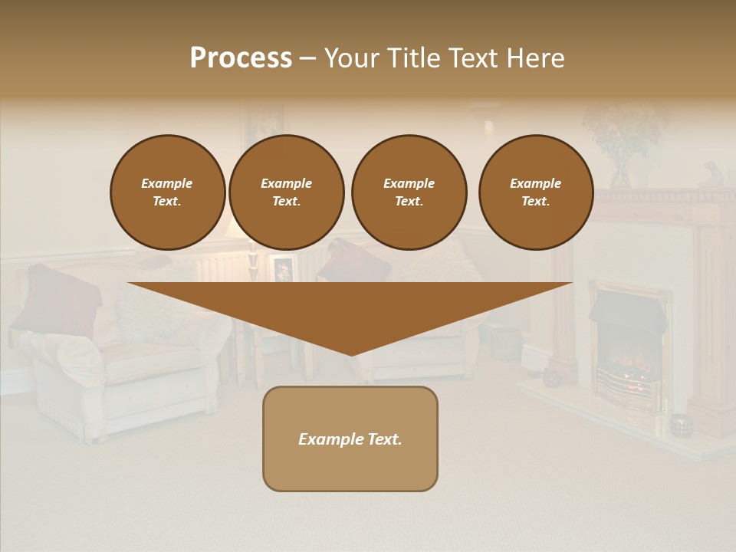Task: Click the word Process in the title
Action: [241, 58]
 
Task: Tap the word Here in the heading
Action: [534, 58]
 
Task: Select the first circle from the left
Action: [167, 192]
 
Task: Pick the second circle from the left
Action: [286, 192]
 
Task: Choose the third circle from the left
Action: [409, 192]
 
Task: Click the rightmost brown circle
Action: [535, 192]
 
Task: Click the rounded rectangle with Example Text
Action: [350, 460]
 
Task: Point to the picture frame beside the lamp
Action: [283, 268]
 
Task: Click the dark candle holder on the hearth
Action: [680, 425]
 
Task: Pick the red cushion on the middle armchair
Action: [353, 261]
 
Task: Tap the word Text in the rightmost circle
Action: [535, 201]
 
